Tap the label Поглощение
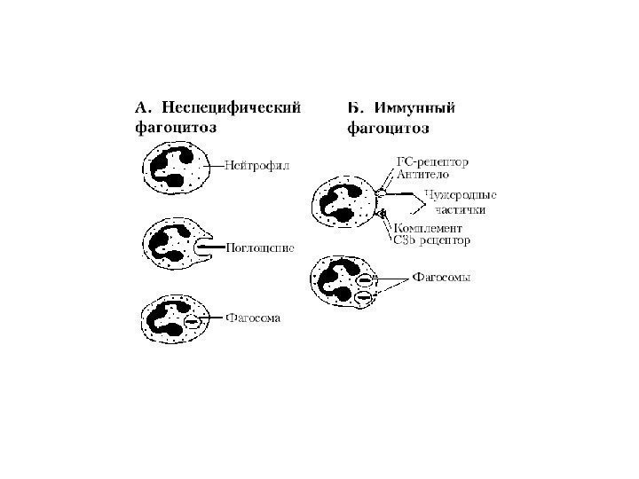pyautogui.click(x=260, y=246)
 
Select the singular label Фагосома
pyautogui.click(x=253, y=317)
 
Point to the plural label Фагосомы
pyautogui.click(x=442, y=278)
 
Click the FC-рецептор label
pyautogui.click(x=430, y=162)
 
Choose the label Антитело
pyautogui.click(x=418, y=175)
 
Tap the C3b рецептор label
pyautogui.click(x=430, y=239)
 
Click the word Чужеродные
pyautogui.click(x=460, y=195)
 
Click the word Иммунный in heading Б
pyautogui.click(x=415, y=108)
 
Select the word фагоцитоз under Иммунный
pyautogui.click(x=388, y=128)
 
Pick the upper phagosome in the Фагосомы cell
pyautogui.click(x=363, y=280)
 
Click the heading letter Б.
pyautogui.click(x=353, y=108)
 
